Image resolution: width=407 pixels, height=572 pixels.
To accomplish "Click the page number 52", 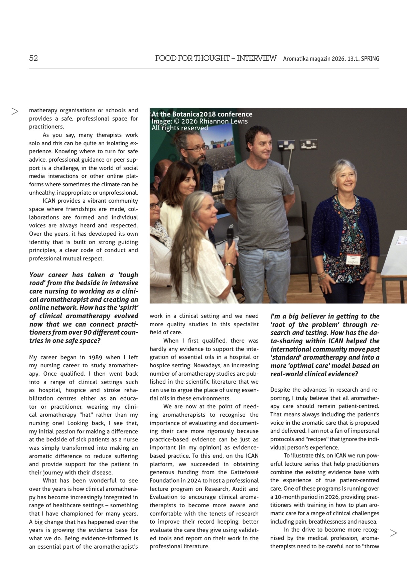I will click(x=33, y=58).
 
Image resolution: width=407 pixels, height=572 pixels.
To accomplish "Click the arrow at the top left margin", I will click(x=15, y=111).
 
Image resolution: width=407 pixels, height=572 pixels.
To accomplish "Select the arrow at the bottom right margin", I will click(x=394, y=533).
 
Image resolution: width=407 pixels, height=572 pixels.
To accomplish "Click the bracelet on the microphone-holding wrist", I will click(x=229, y=265).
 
